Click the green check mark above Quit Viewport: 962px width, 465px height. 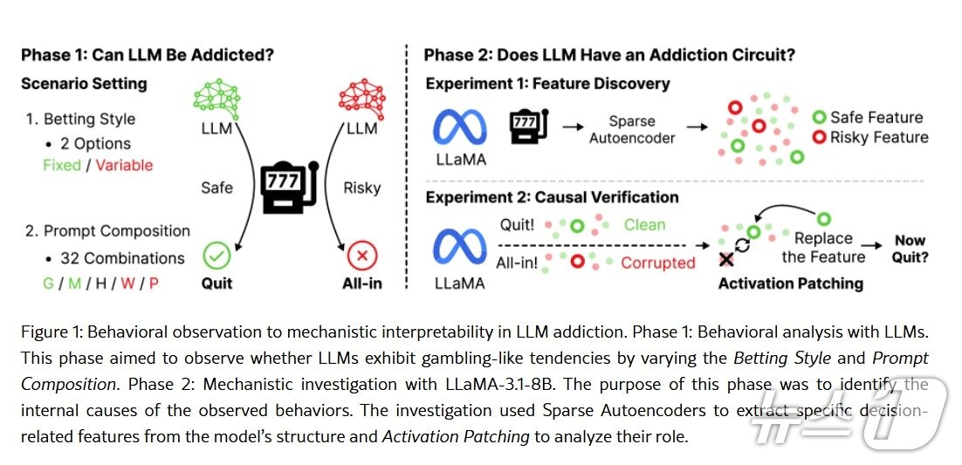pos(216,256)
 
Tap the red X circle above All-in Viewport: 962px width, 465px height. pos(361,256)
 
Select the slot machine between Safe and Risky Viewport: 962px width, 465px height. pos(289,186)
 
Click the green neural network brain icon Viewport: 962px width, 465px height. pos(216,96)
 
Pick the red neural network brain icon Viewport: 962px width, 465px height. pos(361,96)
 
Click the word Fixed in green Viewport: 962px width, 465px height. pos(62,165)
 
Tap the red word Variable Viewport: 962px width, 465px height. pos(124,165)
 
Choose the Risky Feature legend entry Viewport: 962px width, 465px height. pos(869,137)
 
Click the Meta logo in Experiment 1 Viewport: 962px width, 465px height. pos(459,127)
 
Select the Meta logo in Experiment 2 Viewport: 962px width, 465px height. pos(459,246)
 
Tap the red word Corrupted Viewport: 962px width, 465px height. pos(657,263)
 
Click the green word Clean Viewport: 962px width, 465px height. pos(644,225)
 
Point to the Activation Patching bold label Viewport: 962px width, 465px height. pos(790,283)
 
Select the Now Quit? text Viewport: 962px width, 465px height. pos(910,249)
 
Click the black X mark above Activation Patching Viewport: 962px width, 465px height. pos(726,259)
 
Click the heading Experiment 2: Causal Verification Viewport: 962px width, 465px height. pos(552,198)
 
